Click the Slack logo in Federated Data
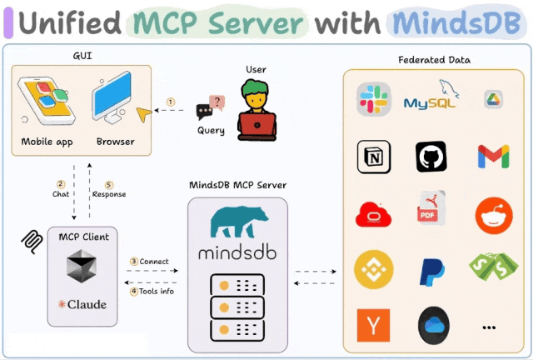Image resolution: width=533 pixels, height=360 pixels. pyautogui.click(x=374, y=99)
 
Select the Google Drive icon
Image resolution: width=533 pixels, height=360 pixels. pyautogui.click(x=493, y=100)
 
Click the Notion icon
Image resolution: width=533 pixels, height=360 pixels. pyautogui.click(x=374, y=157)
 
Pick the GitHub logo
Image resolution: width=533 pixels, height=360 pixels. pyautogui.click(x=431, y=157)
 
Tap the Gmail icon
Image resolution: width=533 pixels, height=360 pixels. pyautogui.click(x=493, y=157)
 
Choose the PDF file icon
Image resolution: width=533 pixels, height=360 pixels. pyautogui.click(x=431, y=207)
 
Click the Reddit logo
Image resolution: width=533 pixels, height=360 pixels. pyautogui.click(x=494, y=215)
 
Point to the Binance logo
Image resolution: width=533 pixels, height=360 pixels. pyautogui.click(x=374, y=269)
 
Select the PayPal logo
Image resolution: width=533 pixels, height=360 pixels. pyautogui.click(x=431, y=272)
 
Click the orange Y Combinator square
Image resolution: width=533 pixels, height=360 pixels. pyautogui.click(x=373, y=325)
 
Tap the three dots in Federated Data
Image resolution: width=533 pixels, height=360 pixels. pyautogui.click(x=489, y=327)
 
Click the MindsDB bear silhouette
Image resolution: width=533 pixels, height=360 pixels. pyautogui.click(x=239, y=222)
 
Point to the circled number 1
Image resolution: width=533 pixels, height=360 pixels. pyautogui.click(x=171, y=102)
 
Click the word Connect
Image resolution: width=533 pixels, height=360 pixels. pyautogui.click(x=154, y=262)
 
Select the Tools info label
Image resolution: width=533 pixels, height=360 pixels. pyautogui.click(x=157, y=292)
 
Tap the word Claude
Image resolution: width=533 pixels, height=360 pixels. pyautogui.click(x=87, y=304)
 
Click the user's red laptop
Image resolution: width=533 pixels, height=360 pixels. pyautogui.click(x=257, y=126)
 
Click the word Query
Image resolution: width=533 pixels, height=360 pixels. pyautogui.click(x=211, y=131)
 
